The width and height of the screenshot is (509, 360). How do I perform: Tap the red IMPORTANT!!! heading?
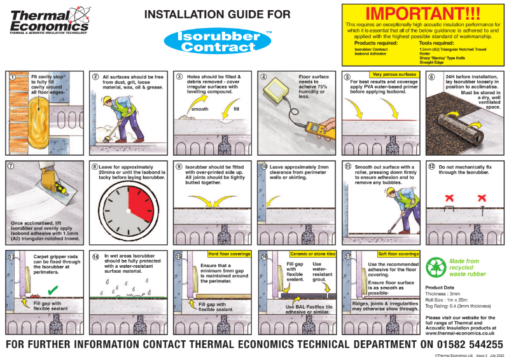424,13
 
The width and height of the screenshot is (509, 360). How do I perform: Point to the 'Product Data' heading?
440,287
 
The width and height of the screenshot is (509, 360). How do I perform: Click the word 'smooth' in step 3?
200,109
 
